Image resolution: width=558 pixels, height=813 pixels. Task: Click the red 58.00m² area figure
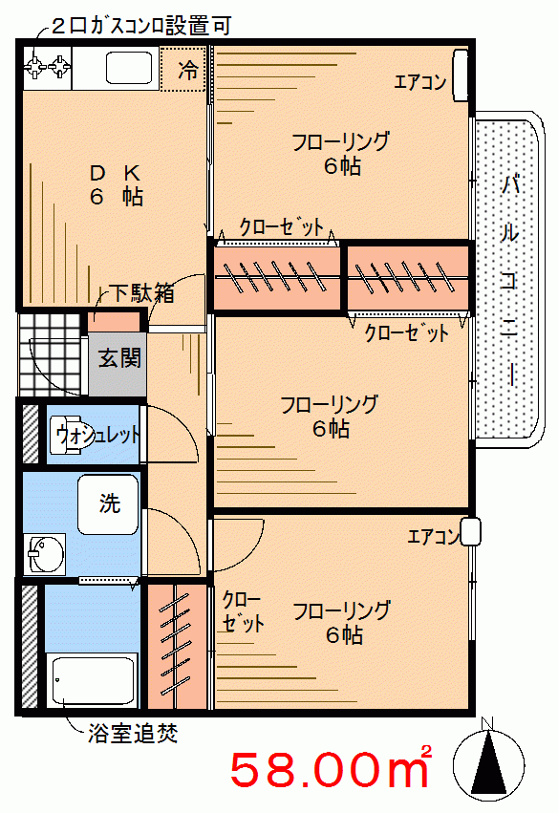331,769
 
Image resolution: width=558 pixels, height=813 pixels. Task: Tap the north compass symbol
487,762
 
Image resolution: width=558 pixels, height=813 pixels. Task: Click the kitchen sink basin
129,68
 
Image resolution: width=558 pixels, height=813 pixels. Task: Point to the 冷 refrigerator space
187,70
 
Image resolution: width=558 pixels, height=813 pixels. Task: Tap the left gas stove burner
35,67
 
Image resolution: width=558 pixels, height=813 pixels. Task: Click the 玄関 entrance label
119,357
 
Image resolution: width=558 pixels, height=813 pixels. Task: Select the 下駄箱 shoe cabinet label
141,293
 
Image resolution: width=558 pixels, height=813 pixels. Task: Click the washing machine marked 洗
108,504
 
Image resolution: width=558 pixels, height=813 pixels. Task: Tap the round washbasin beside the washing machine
46,554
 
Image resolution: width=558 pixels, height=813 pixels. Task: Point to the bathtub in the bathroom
93,681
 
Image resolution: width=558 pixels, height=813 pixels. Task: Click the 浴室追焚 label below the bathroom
133,733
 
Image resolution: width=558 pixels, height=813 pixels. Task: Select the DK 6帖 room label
117,184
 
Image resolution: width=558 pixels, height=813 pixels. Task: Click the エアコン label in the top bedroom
420,81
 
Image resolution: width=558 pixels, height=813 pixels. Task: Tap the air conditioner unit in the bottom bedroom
470,532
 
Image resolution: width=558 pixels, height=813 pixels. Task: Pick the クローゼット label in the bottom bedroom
243,611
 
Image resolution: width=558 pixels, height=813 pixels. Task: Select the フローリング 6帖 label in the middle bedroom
330,416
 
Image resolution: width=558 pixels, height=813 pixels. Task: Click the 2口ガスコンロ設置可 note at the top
141,26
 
